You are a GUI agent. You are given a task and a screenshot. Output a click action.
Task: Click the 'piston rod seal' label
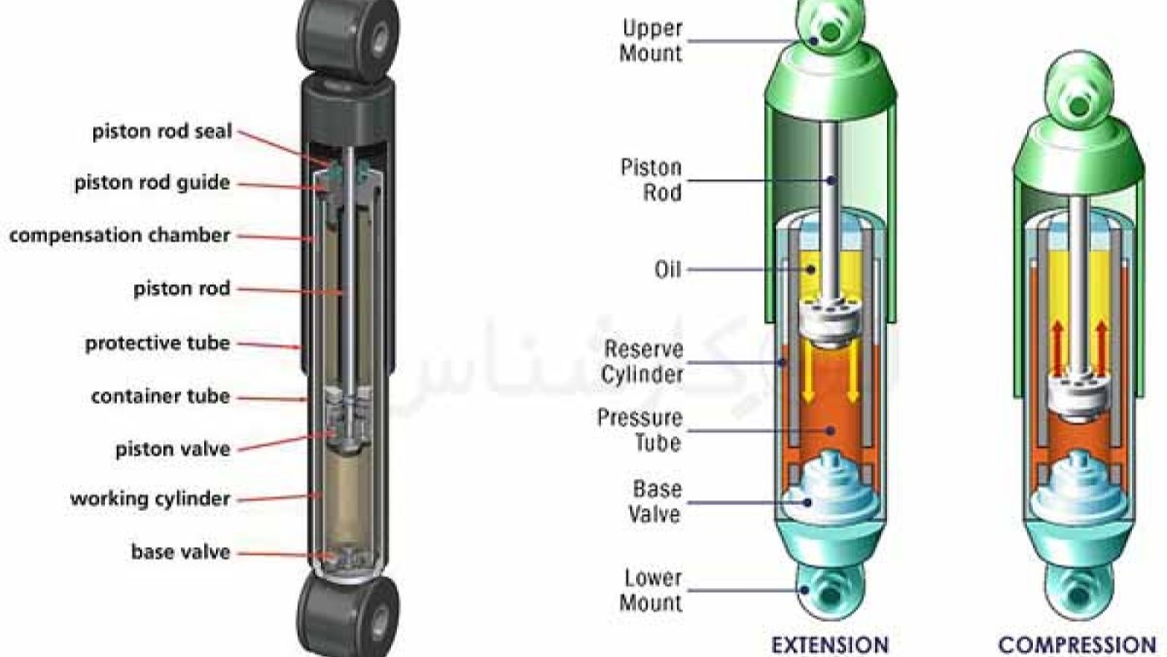click(162, 130)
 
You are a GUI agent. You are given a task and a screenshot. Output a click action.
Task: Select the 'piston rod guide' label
click(152, 183)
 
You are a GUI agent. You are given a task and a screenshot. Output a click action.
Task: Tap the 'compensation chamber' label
click(120, 236)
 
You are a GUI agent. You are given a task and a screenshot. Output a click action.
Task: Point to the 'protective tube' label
click(158, 343)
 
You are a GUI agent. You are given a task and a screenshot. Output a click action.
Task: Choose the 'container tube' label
click(160, 396)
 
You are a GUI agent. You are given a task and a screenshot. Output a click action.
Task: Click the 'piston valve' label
click(172, 449)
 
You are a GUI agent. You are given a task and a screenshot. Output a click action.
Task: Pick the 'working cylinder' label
click(150, 499)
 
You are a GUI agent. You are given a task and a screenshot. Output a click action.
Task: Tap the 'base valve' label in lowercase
click(181, 552)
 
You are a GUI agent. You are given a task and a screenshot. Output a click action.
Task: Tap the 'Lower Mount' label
click(652, 590)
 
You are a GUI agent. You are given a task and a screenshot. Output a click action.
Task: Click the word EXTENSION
click(830, 644)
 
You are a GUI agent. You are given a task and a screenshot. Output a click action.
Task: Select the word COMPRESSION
click(1077, 644)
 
